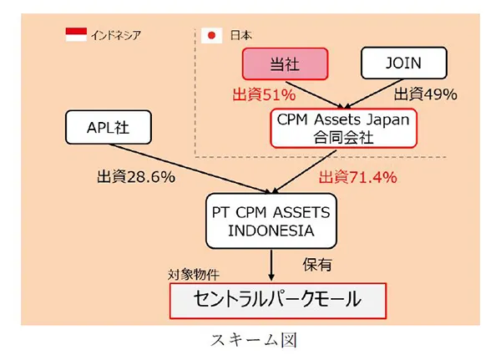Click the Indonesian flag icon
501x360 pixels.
tap(76, 35)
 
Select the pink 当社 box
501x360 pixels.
tap(285, 63)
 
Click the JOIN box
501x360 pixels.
tap(404, 63)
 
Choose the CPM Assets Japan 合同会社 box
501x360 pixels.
tap(342, 128)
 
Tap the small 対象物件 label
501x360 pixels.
tap(197, 274)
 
